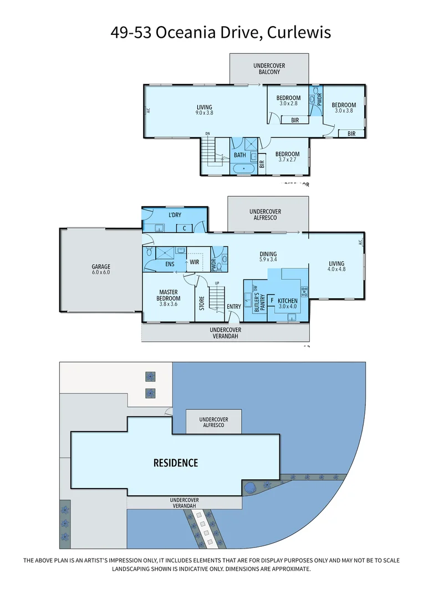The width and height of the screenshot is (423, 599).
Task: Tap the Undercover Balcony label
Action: tap(269, 69)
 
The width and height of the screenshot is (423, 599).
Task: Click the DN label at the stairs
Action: tap(207, 134)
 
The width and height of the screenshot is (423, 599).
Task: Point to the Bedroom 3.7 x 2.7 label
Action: tap(287, 157)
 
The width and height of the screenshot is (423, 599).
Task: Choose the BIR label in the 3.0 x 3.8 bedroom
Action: tap(351, 134)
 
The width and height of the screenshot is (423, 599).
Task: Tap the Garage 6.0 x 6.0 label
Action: tap(101, 270)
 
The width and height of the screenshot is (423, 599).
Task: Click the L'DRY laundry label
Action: tap(175, 215)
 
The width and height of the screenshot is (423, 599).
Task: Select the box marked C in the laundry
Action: tap(184, 227)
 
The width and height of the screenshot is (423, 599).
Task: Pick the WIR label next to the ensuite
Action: tap(195, 262)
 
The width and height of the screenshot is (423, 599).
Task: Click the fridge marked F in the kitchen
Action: tap(272, 301)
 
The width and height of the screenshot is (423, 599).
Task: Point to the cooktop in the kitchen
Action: tap(304, 290)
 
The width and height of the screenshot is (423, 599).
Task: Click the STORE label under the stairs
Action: tap(202, 303)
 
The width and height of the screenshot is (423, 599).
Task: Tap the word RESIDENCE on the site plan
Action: tap(175, 463)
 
